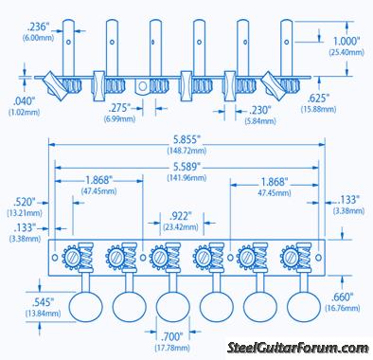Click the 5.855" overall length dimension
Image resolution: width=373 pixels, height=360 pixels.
[x=187, y=140]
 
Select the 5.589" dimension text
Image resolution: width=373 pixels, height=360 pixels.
[x=187, y=167]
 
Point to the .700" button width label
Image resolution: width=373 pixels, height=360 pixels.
[x=172, y=337]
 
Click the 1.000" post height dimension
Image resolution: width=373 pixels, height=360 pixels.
[x=346, y=41]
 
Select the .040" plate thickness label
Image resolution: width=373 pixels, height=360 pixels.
[x=24, y=101]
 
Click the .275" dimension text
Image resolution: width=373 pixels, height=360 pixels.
[x=119, y=108]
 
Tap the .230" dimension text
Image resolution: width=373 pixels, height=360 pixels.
[x=260, y=110]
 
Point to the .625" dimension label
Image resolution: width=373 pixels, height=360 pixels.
[x=318, y=99]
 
